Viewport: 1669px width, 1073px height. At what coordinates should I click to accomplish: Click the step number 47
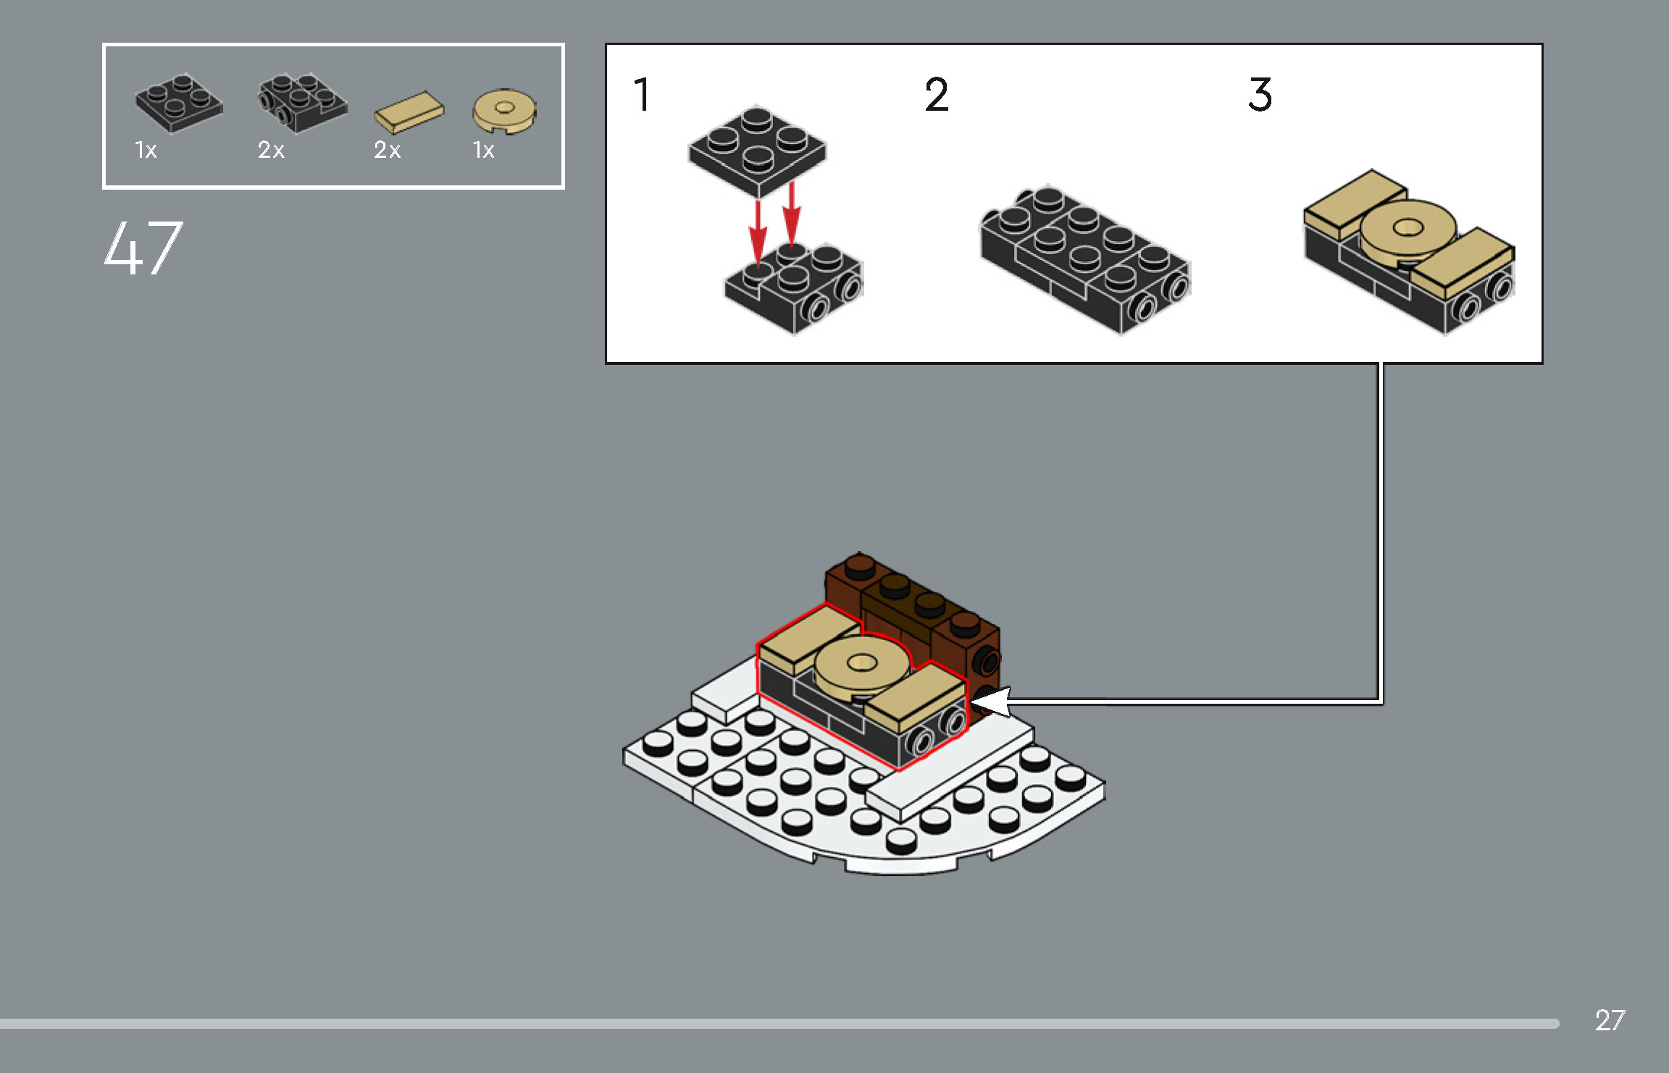coord(143,248)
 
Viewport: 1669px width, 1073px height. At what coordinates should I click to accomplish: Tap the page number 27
coord(1610,1020)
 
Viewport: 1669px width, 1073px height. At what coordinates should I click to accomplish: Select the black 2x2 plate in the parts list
coord(178,104)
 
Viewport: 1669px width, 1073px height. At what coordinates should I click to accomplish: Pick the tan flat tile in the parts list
coord(409,112)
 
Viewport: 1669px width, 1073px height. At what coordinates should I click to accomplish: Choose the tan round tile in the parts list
coord(505,111)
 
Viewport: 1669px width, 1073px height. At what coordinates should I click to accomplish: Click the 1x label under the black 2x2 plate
coord(146,150)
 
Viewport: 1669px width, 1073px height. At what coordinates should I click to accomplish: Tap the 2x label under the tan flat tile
coord(387,150)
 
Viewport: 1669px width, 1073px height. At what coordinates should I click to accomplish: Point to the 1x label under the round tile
coord(483,150)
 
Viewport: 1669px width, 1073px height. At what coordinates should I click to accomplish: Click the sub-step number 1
coord(642,95)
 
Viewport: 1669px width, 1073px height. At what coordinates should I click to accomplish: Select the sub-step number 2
coord(936,95)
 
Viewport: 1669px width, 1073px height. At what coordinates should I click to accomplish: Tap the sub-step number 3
coord(1260,95)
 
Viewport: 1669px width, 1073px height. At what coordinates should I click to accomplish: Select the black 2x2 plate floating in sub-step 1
coord(757,149)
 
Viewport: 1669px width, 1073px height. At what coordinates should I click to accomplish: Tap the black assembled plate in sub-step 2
coord(1084,258)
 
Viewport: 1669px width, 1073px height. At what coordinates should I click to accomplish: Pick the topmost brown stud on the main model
coord(860,564)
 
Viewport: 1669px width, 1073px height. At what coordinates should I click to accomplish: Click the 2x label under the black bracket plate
coord(271,150)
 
